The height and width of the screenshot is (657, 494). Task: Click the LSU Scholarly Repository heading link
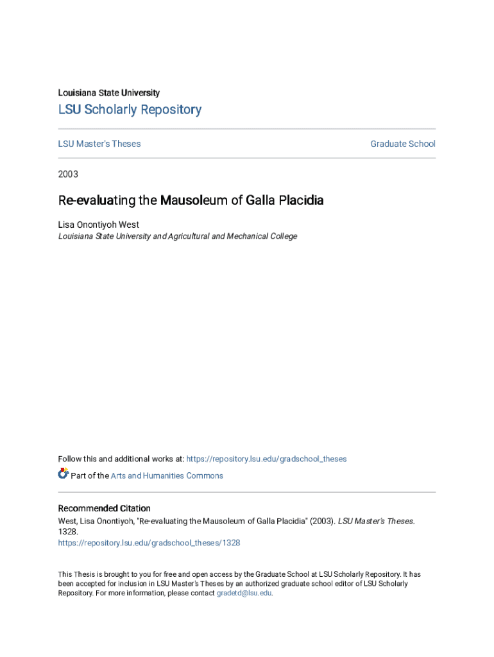pyautogui.click(x=130, y=110)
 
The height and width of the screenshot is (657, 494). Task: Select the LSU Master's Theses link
pyautogui.click(x=99, y=144)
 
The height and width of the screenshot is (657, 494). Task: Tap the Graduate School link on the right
pyautogui.click(x=402, y=144)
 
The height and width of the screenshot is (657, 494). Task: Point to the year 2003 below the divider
pyautogui.click(x=68, y=174)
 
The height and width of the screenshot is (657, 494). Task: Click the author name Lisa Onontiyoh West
pyautogui.click(x=99, y=225)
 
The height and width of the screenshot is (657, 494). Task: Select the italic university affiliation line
pyautogui.click(x=178, y=236)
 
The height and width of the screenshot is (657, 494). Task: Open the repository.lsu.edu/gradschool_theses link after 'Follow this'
pyautogui.click(x=266, y=459)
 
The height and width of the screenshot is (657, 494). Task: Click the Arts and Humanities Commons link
pyautogui.click(x=167, y=475)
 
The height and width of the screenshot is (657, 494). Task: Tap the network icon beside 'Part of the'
pyautogui.click(x=63, y=474)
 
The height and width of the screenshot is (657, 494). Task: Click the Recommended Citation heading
pyautogui.click(x=105, y=508)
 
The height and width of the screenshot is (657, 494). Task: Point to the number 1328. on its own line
pyautogui.click(x=68, y=532)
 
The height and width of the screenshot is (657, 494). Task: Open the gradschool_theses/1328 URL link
pyautogui.click(x=149, y=543)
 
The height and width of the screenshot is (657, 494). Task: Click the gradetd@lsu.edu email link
pyautogui.click(x=244, y=593)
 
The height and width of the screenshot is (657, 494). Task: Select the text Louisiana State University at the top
pyautogui.click(x=109, y=93)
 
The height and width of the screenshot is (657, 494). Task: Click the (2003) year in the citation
pyautogui.click(x=323, y=521)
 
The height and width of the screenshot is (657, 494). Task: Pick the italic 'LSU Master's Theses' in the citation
pyautogui.click(x=375, y=521)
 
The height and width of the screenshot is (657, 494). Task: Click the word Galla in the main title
pyautogui.click(x=260, y=200)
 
